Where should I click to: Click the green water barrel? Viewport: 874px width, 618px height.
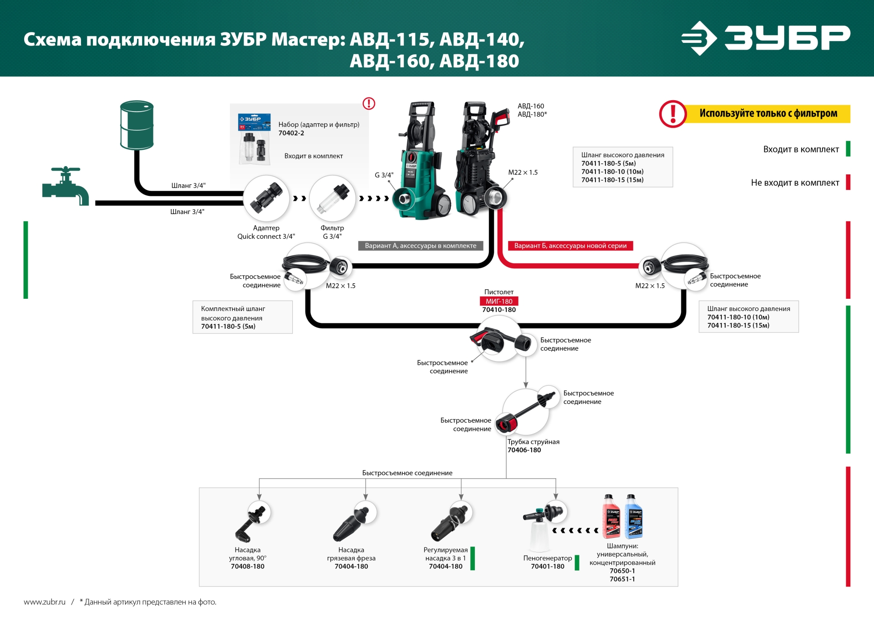137,125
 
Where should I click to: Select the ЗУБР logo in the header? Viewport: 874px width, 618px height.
766,38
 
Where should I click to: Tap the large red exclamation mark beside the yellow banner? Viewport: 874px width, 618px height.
672,114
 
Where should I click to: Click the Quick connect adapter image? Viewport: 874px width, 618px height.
266,198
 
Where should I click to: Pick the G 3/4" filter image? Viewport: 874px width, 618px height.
332,199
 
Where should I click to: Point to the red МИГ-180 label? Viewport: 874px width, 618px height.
499,301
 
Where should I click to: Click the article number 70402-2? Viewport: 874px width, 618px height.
291,133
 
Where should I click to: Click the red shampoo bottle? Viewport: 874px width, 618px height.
611,517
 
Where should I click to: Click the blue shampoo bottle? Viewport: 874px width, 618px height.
634,517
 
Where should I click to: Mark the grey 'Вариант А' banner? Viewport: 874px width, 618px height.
420,246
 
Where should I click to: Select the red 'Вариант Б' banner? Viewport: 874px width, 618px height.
570,246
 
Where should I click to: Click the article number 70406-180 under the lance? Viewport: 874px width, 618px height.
524,450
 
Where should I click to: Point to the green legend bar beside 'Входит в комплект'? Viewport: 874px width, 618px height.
848,149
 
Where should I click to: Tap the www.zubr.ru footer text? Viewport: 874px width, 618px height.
45,602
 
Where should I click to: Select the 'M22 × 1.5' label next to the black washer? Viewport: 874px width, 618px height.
523,173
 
